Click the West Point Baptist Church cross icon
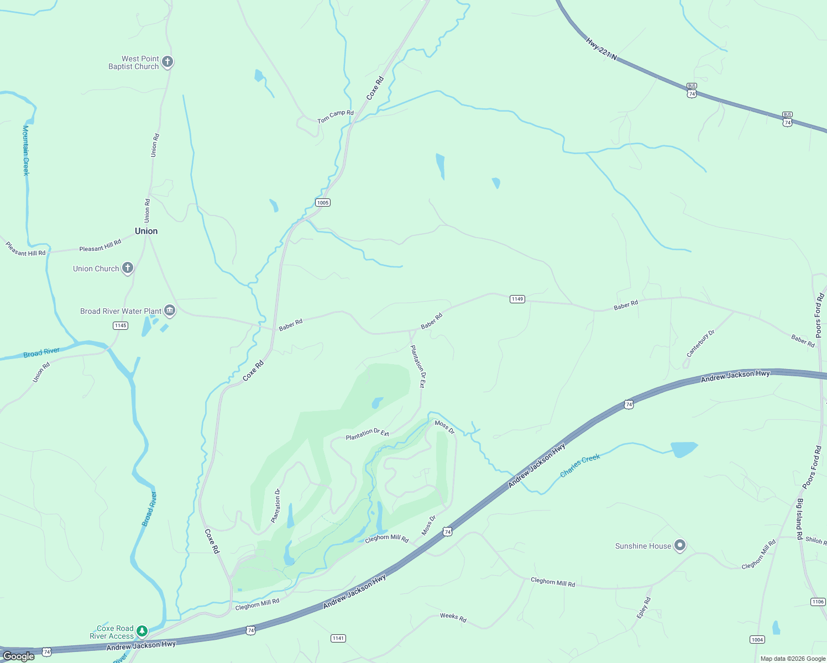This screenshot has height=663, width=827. tap(168, 62)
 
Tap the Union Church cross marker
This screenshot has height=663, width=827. tap(128, 269)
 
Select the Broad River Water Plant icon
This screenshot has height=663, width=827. tap(170, 311)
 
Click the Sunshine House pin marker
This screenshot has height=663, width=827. tap(680, 546)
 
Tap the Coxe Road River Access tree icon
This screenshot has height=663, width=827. tap(142, 631)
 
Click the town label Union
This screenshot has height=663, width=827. tap(146, 231)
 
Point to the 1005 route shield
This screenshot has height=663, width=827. tap(323, 203)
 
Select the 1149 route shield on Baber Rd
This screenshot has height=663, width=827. tap(517, 299)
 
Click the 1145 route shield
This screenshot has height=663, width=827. tap(121, 325)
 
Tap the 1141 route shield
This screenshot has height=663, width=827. tap(338, 638)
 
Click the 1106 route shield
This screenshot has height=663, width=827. tap(818, 602)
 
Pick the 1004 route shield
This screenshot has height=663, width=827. tap(757, 640)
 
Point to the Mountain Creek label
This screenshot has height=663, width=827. tap(25, 150)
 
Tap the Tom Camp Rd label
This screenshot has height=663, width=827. tap(335, 117)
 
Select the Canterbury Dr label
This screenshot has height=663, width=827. tap(700, 343)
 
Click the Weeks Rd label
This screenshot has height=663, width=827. tap(453, 617)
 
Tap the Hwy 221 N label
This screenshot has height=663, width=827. tap(601, 49)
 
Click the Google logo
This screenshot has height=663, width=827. tap(19, 656)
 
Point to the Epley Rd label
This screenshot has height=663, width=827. tap(643, 608)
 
